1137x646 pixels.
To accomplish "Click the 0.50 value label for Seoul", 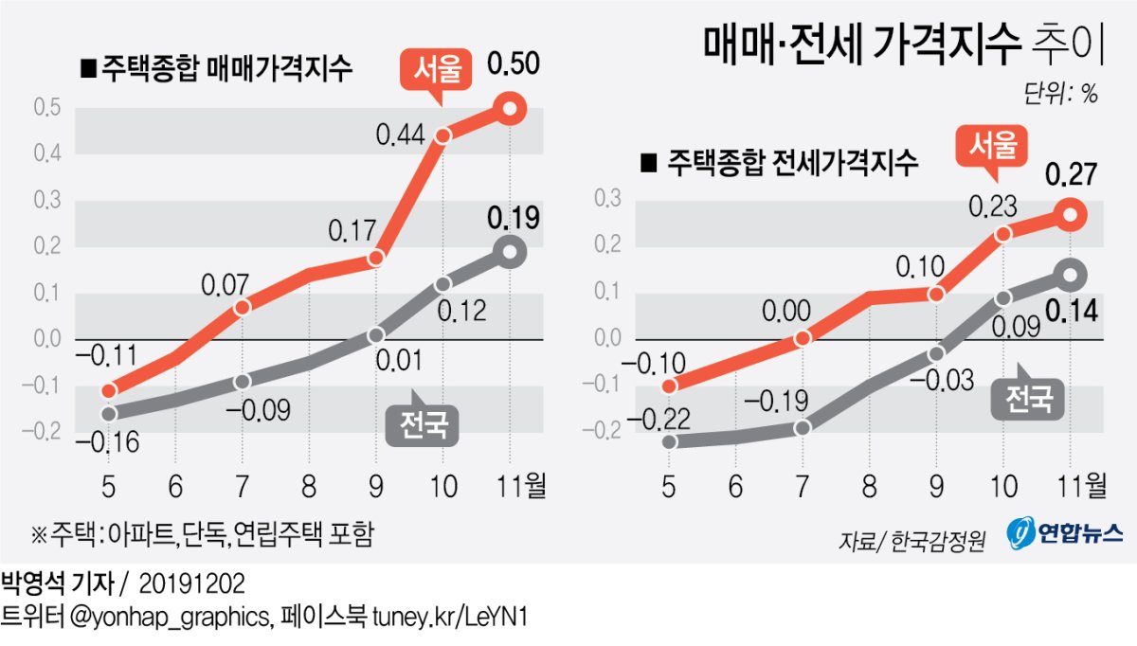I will (513, 65).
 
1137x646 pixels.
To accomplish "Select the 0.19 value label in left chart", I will (513, 219).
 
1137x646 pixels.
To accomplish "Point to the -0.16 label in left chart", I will (103, 442).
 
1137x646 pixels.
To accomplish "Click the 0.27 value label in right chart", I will (1070, 174).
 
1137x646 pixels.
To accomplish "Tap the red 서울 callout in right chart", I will (995, 147).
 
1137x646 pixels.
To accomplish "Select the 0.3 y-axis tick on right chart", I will (607, 199).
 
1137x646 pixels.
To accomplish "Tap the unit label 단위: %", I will (1060, 94).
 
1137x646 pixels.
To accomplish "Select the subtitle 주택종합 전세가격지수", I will (780, 163).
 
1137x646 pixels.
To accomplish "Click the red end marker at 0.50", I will (510, 109).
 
